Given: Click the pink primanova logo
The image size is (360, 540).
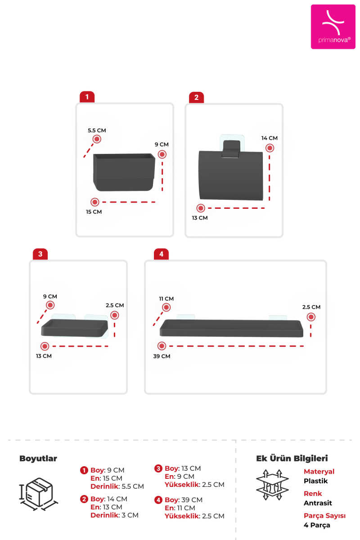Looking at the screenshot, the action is pyautogui.click(x=333, y=27).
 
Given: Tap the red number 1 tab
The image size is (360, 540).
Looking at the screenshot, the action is pyautogui.click(x=87, y=97).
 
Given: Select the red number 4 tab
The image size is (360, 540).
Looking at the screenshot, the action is pyautogui.click(x=161, y=254).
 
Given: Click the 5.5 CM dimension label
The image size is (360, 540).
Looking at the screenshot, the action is pyautogui.click(x=97, y=130).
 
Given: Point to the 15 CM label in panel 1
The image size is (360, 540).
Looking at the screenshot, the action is pyautogui.click(x=94, y=212).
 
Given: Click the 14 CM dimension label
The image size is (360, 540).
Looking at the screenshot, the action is pyautogui.click(x=270, y=138).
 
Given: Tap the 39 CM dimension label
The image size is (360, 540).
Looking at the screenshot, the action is pyautogui.click(x=162, y=356).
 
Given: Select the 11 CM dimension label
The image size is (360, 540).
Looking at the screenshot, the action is pyautogui.click(x=166, y=299).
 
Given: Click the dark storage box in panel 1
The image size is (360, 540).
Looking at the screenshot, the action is pyautogui.click(x=124, y=172).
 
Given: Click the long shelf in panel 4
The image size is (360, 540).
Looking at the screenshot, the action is pyautogui.click(x=231, y=328).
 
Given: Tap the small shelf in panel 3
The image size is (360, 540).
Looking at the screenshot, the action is pyautogui.click(x=75, y=328).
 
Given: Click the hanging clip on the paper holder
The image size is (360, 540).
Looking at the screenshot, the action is pyautogui.click(x=231, y=149).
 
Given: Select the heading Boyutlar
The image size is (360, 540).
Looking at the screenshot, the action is pyautogui.click(x=38, y=458).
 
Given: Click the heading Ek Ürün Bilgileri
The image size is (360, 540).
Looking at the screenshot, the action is pyautogui.click(x=292, y=458).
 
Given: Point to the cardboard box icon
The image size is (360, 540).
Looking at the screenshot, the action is pyautogui.click(x=39, y=494).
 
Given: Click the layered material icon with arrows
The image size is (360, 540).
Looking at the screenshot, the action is pyautogui.click(x=272, y=485).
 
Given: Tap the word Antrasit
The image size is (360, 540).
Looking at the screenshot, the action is pyautogui.click(x=318, y=503).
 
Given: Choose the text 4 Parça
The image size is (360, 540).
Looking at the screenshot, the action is pyautogui.click(x=317, y=525).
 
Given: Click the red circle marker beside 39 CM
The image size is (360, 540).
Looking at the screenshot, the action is pyautogui.click(x=162, y=346).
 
